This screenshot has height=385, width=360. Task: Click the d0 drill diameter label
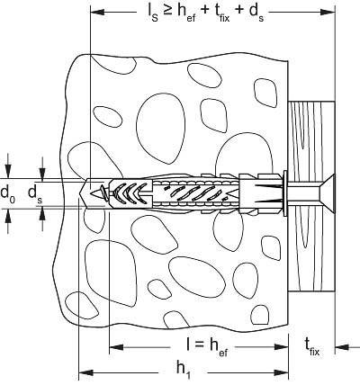(x=8, y=192)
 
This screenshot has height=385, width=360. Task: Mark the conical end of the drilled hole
(x=86, y=191)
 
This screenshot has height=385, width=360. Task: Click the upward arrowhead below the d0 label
(x=8, y=215)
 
